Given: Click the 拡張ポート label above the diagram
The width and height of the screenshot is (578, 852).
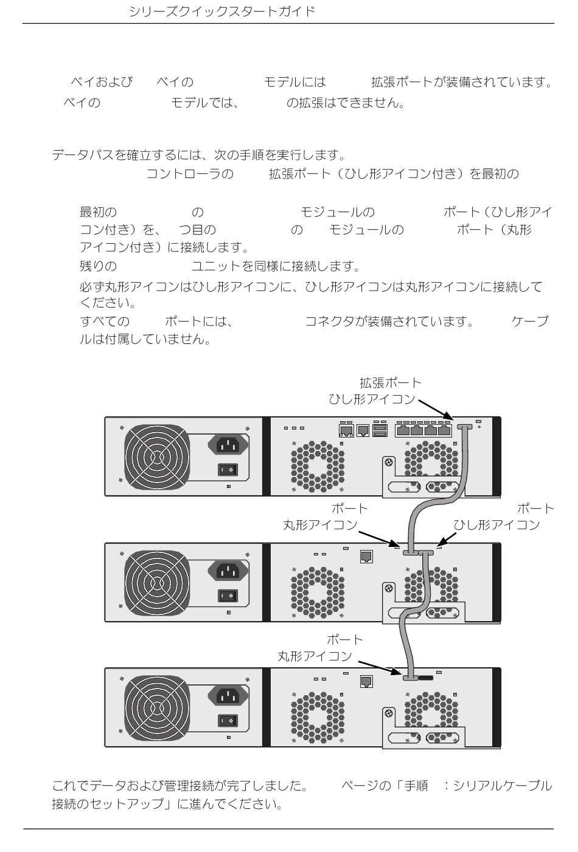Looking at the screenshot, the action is (x=390, y=383).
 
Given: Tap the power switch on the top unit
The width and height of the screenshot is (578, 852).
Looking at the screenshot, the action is (x=228, y=470).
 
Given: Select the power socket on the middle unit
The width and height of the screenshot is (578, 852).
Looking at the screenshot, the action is (x=228, y=571).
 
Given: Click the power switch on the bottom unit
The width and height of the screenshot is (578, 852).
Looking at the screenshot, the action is (x=228, y=721).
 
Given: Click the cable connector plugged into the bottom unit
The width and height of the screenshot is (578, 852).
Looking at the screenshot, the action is (x=409, y=676).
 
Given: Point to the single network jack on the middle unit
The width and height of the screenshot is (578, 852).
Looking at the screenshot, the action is (x=366, y=557).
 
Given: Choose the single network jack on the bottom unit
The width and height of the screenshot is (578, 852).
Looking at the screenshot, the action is (x=366, y=682).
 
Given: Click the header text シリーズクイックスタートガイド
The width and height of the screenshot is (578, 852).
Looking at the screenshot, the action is (x=221, y=12).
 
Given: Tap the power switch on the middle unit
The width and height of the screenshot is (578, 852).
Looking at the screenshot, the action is (x=228, y=596).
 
